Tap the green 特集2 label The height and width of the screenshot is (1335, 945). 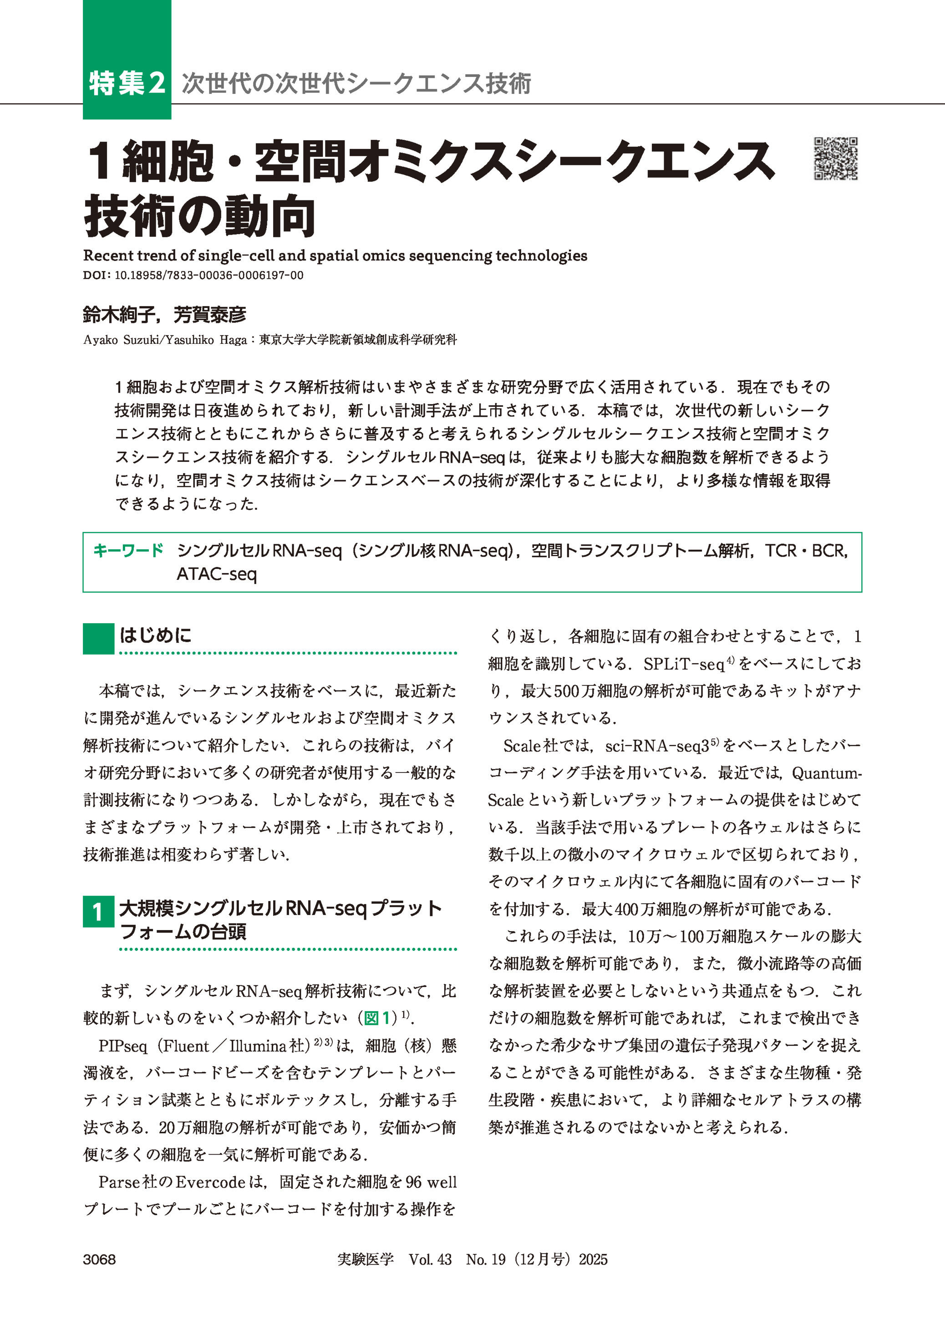click(x=127, y=83)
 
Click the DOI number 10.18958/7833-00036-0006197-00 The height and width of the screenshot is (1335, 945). click(x=209, y=276)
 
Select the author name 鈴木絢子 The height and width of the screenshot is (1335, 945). click(x=119, y=315)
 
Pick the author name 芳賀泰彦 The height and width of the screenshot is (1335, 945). click(x=209, y=315)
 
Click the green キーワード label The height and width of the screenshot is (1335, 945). click(x=128, y=550)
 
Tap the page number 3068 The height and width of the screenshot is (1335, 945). click(x=100, y=1259)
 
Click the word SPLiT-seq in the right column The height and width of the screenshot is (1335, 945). click(x=683, y=664)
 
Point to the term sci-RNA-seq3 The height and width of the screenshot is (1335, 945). click(x=657, y=746)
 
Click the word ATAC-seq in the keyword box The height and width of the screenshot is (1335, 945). click(x=217, y=574)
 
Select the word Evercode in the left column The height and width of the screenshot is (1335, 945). click(x=209, y=1182)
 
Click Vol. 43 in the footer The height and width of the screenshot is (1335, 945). click(x=430, y=1259)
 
